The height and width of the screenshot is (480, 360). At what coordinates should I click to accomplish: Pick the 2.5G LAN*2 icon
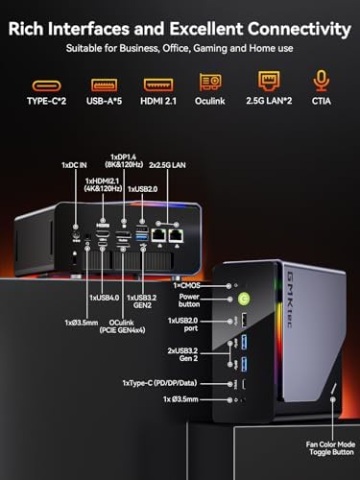269,83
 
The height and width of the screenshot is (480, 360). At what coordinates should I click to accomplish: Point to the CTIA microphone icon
322,83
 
